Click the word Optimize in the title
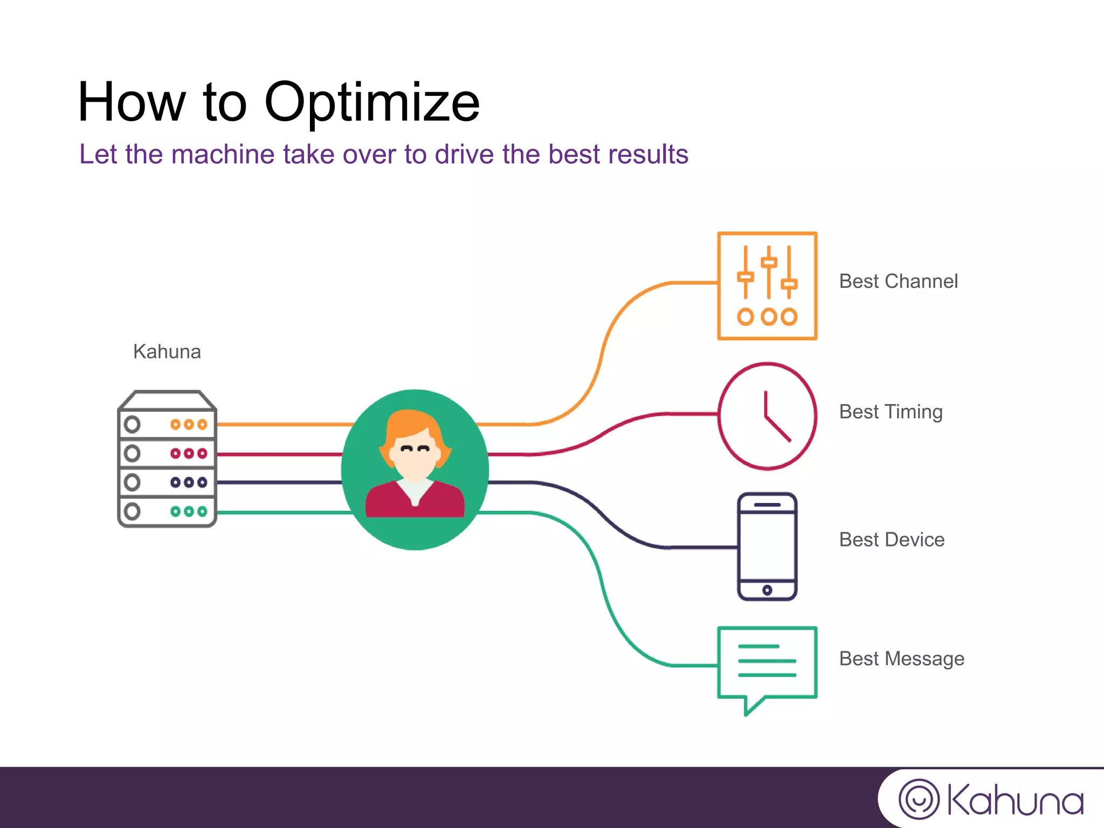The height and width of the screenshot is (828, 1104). tap(371, 102)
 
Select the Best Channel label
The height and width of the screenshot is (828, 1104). tap(898, 281)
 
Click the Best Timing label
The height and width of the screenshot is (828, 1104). tap(891, 412)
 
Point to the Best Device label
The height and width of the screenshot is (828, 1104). tap(892, 540)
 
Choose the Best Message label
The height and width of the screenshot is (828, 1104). tap(901, 659)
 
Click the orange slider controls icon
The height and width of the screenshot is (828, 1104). tap(767, 286)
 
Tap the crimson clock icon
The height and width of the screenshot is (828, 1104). tap(767, 416)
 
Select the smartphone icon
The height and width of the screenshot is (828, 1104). tap(767, 546)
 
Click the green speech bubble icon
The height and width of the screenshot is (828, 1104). tap(767, 666)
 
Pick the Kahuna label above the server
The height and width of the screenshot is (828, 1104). tap(167, 351)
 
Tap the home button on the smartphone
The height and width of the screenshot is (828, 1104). tap(767, 590)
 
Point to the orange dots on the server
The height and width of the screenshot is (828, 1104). tap(189, 424)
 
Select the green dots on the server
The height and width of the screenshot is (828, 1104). tap(189, 511)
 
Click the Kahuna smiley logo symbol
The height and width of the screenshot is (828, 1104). tap(919, 799)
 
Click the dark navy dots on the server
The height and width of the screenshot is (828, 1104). tap(189, 482)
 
